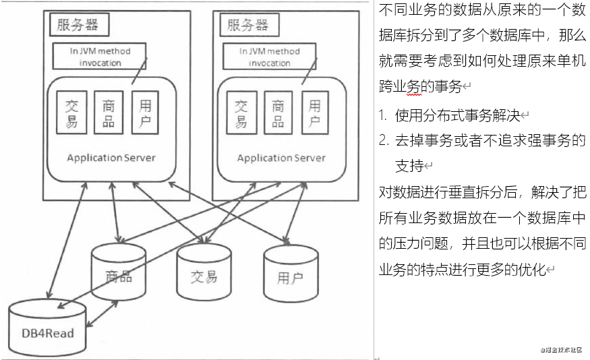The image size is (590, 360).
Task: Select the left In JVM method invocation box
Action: (x=100, y=57)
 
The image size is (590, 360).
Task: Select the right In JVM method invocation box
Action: (x=270, y=57)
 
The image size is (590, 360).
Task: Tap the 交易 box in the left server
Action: (x=71, y=113)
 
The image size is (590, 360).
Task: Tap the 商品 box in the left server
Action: (x=109, y=113)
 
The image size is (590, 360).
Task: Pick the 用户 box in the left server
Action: (x=145, y=113)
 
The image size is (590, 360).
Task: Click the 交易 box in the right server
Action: (x=241, y=113)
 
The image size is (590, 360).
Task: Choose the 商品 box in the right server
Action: (x=278, y=113)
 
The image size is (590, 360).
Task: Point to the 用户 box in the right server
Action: (x=315, y=113)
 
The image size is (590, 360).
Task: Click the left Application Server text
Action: (x=111, y=158)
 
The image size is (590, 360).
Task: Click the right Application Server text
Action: (x=281, y=158)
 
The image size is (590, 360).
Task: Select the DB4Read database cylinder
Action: (x=47, y=330)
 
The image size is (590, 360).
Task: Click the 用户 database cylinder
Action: (x=290, y=276)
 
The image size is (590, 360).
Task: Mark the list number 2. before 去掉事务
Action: (x=384, y=141)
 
